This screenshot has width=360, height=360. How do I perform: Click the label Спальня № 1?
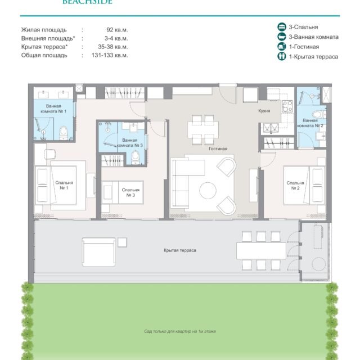click(64, 185)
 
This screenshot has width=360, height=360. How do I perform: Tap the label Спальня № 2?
click(295, 186)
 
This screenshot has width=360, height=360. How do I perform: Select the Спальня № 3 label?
click(130, 192)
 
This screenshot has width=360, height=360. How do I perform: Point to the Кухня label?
click(264, 111)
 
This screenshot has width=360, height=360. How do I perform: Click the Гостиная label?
click(218, 148)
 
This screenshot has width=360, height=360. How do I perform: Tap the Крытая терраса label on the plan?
click(180, 250)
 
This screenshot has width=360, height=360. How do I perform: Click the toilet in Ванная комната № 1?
click(64, 133)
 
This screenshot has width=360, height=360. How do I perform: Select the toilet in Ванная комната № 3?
click(136, 157)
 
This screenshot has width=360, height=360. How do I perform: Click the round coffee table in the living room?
click(208, 190)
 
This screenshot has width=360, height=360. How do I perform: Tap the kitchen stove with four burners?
click(287, 106)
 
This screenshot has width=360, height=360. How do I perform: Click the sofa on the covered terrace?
click(98, 252)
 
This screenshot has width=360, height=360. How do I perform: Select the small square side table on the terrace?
click(122, 242)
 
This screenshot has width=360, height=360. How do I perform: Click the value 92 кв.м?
click(117, 30)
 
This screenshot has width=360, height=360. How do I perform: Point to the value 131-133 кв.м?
click(110, 55)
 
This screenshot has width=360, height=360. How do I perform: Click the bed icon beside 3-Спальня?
click(281, 27)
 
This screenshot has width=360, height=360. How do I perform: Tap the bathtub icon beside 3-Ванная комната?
click(281, 37)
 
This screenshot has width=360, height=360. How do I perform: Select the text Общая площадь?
click(44, 55)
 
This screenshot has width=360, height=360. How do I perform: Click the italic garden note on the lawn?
click(180, 331)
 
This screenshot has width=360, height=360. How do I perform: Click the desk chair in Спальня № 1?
click(50, 154)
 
